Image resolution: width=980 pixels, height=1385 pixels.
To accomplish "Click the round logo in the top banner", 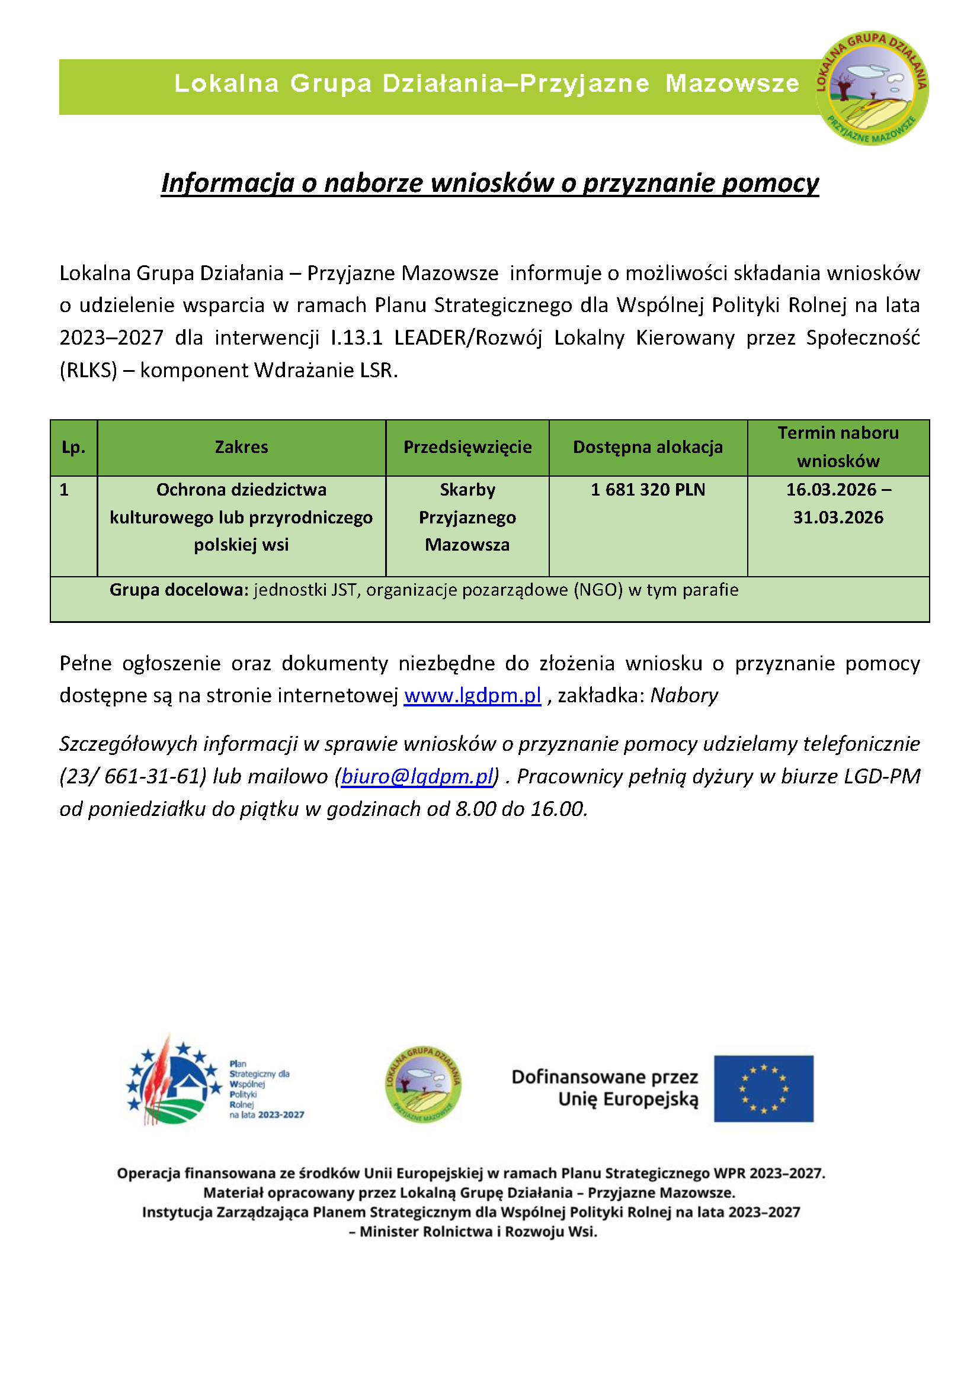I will (x=872, y=88).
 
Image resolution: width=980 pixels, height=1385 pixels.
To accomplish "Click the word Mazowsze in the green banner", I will (x=732, y=84).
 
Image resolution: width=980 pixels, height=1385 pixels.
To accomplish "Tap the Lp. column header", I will (x=73, y=448).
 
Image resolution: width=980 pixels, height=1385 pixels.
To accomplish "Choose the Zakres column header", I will (x=241, y=448).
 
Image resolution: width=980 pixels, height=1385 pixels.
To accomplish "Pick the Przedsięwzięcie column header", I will (x=467, y=448).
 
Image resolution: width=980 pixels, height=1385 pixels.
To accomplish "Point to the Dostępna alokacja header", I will (x=648, y=448).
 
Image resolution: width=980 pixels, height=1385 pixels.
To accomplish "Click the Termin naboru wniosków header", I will (x=838, y=448).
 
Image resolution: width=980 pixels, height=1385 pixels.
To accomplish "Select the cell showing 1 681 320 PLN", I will (x=648, y=490).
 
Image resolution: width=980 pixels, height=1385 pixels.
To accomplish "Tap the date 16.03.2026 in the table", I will (x=831, y=490).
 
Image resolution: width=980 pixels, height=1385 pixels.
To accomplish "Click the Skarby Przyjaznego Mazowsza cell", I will (x=467, y=518).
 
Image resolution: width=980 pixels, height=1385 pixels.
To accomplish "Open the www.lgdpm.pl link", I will (x=472, y=696).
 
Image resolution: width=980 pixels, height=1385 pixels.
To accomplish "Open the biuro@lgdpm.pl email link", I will (x=418, y=776).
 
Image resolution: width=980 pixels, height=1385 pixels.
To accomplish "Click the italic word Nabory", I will (x=684, y=696).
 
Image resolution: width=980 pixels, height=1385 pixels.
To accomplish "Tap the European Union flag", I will (x=763, y=1089).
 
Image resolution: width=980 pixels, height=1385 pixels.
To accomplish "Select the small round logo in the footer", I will (x=423, y=1084).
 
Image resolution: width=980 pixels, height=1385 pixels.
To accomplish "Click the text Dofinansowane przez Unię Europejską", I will (x=605, y=1088).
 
